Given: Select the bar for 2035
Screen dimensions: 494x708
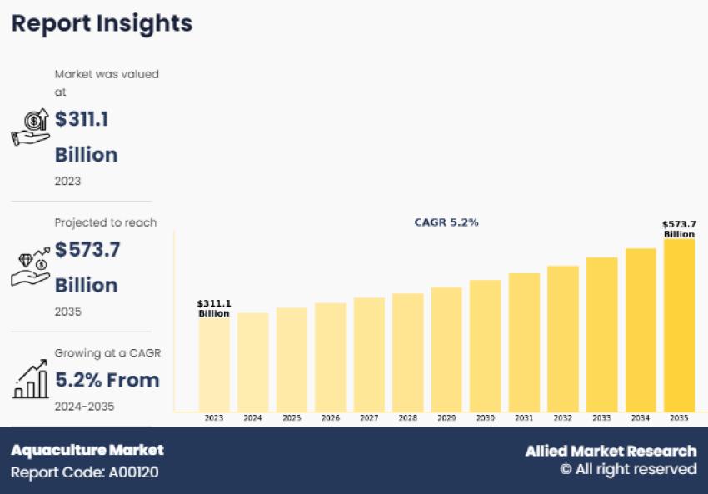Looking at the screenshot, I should click(x=679, y=325).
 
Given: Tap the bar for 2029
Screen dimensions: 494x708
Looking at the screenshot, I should click(x=446, y=349).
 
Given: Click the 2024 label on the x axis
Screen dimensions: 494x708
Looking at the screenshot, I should click(x=252, y=418).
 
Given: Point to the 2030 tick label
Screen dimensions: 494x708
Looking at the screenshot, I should click(x=485, y=418).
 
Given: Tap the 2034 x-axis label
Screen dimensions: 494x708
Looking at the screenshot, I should click(x=640, y=418).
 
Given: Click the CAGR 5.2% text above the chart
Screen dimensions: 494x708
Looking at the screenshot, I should click(x=446, y=222).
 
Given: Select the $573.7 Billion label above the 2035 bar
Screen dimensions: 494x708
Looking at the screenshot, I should click(x=679, y=229).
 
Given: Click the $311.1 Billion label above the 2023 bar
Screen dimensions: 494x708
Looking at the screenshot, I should click(x=214, y=308).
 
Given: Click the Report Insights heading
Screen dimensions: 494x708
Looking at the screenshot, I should click(x=102, y=23).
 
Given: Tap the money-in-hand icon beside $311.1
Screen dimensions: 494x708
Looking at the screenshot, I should click(x=30, y=127).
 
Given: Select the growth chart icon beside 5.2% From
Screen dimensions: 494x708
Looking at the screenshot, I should click(x=30, y=380).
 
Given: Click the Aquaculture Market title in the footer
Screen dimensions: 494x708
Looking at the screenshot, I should click(x=87, y=450).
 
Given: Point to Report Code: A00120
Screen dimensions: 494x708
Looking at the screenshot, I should click(x=84, y=472).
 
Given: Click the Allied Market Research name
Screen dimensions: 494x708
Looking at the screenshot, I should click(x=611, y=451).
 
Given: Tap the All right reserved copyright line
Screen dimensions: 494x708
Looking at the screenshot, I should click(x=628, y=470).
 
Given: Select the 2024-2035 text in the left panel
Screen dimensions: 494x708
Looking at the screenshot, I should click(x=84, y=407).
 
